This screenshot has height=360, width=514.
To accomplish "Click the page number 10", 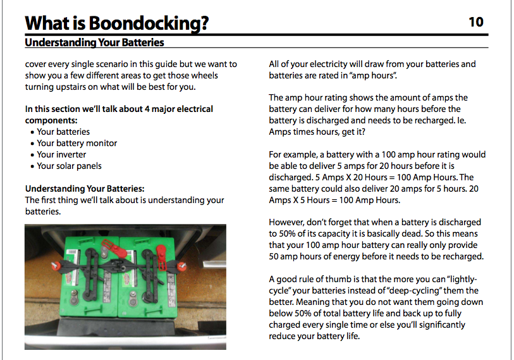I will (x=475, y=22).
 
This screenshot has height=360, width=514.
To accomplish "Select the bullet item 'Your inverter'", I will (x=61, y=154).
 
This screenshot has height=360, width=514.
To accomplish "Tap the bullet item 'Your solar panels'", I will (x=69, y=166).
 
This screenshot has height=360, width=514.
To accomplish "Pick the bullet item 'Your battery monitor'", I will (x=76, y=143).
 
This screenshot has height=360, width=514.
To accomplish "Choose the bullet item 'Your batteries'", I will (x=63, y=132).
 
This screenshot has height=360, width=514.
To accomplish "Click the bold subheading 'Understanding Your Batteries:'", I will (x=85, y=189).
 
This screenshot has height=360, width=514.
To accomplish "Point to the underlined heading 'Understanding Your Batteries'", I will (x=94, y=43).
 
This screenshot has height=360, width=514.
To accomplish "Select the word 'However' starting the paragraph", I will (x=288, y=222).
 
